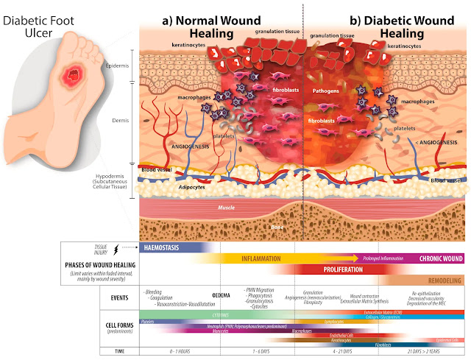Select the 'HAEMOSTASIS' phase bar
click(x=169, y=248)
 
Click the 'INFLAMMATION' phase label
click(x=263, y=259)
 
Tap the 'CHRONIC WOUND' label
click(x=440, y=259)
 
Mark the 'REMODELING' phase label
click(x=443, y=280)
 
